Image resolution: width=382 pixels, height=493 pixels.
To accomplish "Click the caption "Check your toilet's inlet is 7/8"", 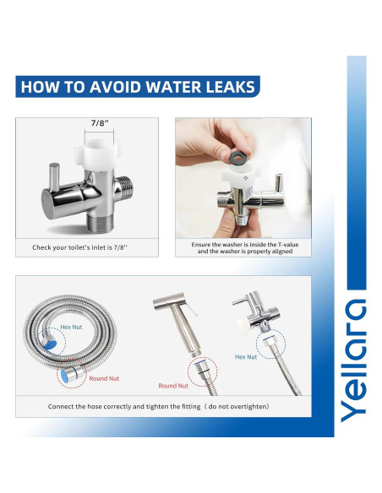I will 86,247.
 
